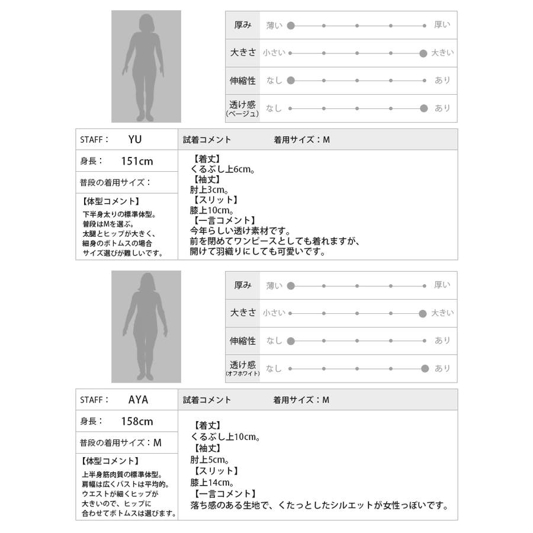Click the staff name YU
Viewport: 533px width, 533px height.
pos(135,140)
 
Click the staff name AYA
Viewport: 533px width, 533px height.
pos(138,400)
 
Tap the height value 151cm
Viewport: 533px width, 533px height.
pos(137,161)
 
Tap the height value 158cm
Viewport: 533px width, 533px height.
pos(137,421)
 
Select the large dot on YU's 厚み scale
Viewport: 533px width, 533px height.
pos(291,25)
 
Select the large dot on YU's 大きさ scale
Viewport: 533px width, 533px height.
pos(423,53)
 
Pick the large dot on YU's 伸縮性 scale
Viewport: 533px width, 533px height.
pos(291,80)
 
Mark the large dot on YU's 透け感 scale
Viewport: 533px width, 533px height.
pos(423,108)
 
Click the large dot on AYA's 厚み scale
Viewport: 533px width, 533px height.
pos(291,285)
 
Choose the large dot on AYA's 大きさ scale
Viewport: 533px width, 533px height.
pos(423,313)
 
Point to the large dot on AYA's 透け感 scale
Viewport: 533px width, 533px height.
pos(424,368)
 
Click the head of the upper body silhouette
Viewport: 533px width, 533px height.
pos(146,23)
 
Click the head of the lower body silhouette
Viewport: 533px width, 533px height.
pos(146,284)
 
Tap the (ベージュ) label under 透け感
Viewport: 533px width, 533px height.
pos(242,114)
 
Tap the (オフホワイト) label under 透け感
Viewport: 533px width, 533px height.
pos(242,374)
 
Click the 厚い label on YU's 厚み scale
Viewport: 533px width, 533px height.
pos(442,25)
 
